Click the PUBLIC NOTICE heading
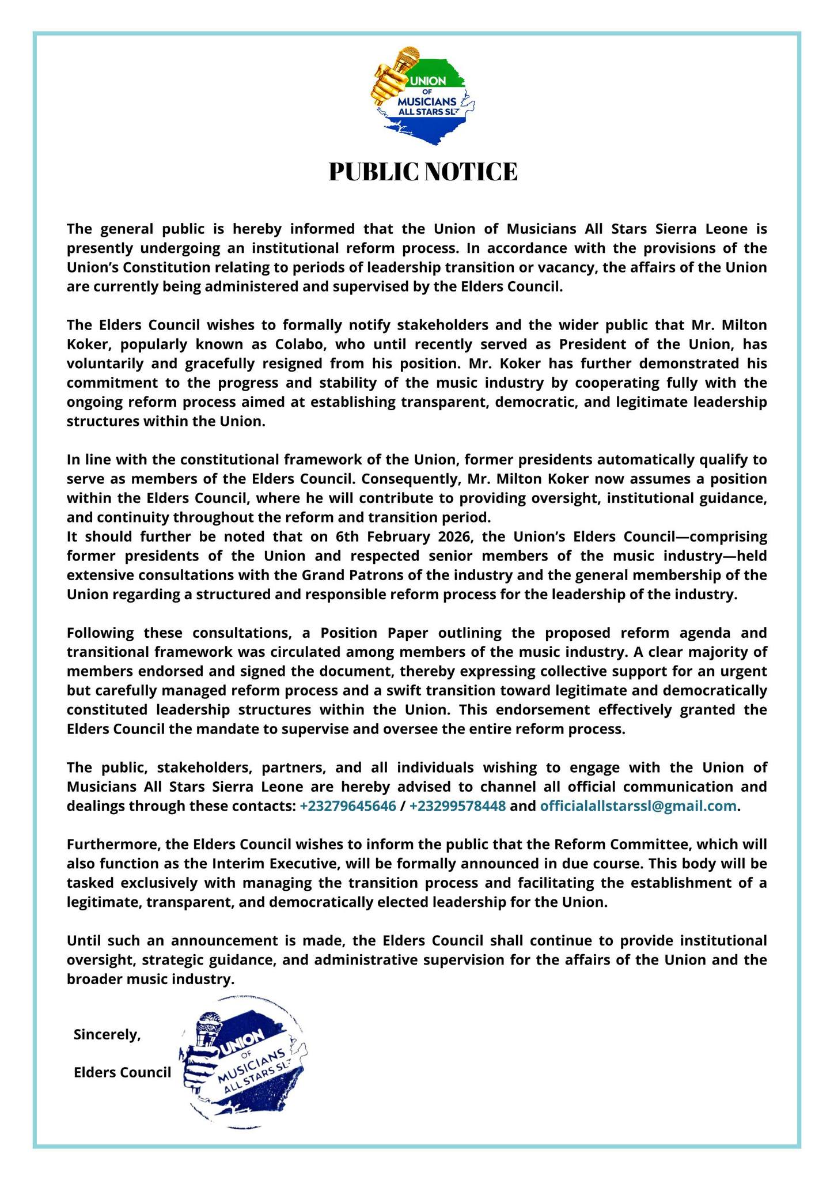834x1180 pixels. [x=423, y=172]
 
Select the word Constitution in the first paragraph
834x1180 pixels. [x=153, y=268]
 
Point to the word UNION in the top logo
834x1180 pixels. [x=427, y=81]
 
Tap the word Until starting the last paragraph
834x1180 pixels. [x=84, y=941]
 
